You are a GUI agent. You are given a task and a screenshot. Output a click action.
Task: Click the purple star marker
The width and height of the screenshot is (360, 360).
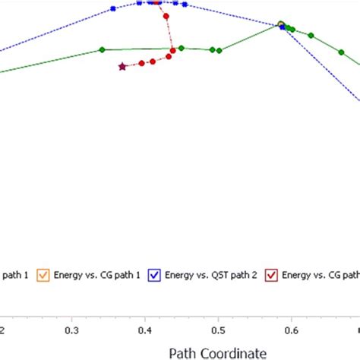(122, 67)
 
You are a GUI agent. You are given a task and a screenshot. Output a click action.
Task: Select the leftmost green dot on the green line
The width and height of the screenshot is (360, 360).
(102, 50)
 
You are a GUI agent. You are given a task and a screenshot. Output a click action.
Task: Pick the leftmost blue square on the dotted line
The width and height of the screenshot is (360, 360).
(113, 8)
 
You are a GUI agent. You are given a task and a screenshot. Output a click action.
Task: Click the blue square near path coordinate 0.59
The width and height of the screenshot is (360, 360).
(283, 27)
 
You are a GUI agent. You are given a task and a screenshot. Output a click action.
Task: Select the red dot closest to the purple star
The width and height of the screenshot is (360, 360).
(141, 63)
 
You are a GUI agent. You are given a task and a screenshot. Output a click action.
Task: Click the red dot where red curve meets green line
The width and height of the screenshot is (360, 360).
(173, 50)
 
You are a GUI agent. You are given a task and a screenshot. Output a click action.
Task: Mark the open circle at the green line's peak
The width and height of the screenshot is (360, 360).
(281, 24)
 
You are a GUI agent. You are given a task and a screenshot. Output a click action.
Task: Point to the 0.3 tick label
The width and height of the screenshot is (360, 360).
(72, 330)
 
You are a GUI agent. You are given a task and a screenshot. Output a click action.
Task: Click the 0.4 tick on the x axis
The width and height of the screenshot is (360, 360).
(145, 330)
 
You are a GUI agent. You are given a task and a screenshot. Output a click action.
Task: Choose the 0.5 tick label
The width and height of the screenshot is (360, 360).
(218, 330)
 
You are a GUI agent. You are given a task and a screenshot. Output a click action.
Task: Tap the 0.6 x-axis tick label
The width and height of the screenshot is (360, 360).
(291, 330)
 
